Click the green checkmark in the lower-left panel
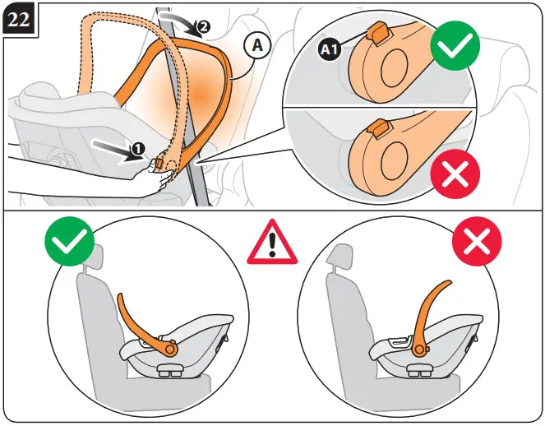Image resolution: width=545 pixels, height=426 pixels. tap(68, 243)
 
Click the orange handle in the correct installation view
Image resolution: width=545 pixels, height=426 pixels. tap(134, 317)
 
